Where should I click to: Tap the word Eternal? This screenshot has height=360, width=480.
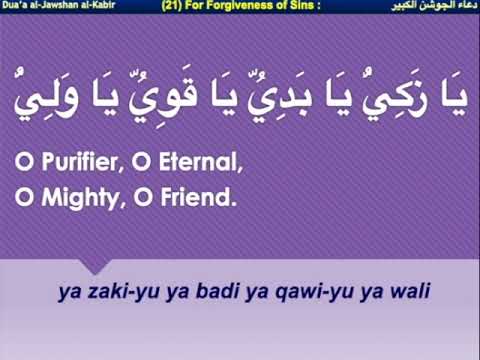point(199,159)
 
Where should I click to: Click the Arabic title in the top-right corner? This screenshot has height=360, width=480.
point(435,6)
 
